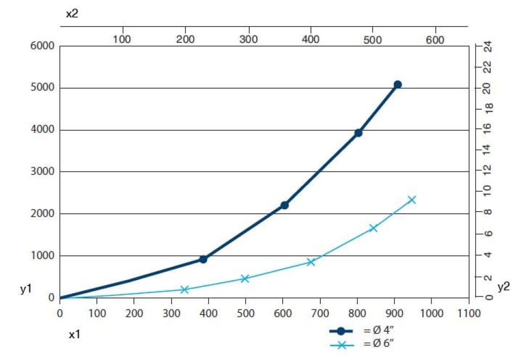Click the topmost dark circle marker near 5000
(397, 85)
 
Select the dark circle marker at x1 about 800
(358, 132)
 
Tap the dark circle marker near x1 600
(284, 205)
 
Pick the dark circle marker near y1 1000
(203, 259)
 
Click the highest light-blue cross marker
(412, 200)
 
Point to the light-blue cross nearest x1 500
(245, 279)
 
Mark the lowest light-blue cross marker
(184, 290)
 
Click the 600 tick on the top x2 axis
(435, 40)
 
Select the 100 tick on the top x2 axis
(123, 40)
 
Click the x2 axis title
(72, 14)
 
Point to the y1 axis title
(26, 289)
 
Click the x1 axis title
(75, 334)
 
